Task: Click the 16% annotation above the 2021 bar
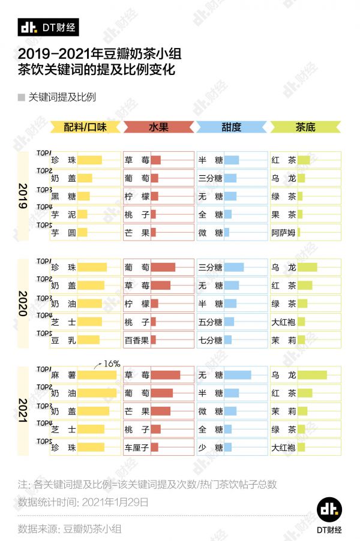(x=112, y=363)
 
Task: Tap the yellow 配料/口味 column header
(x=86, y=127)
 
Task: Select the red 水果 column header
(x=158, y=127)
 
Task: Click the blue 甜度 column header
(x=231, y=127)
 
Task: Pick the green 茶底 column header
(x=305, y=127)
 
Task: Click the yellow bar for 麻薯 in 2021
(x=97, y=375)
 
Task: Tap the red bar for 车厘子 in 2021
(x=154, y=447)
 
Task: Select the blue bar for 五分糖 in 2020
(x=229, y=322)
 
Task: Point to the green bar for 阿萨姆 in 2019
(x=299, y=233)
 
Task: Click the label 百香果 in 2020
(x=136, y=340)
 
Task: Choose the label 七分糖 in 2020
(x=210, y=340)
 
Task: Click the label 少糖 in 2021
(x=210, y=447)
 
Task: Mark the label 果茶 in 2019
(x=283, y=214)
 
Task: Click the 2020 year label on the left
(x=23, y=303)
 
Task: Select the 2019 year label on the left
(x=23, y=196)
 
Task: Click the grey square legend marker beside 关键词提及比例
(x=21, y=97)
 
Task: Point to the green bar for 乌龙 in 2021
(x=312, y=375)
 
